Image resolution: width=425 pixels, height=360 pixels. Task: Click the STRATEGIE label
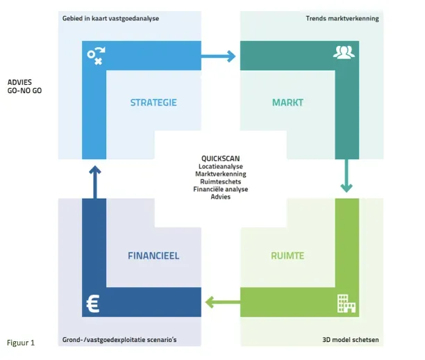point(153,103)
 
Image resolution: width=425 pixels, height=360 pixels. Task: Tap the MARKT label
point(287,103)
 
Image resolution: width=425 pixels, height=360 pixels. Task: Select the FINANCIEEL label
point(153,256)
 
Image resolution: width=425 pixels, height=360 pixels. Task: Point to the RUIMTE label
point(287,256)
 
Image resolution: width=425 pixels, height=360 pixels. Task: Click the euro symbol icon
point(93,302)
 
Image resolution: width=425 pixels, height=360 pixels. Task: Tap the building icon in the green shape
point(345,302)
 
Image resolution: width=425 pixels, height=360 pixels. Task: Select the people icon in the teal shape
point(344,52)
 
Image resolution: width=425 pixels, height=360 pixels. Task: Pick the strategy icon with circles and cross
point(95,55)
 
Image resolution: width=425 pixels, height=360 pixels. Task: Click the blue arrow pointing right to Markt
point(221,54)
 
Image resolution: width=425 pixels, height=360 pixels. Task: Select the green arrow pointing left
point(220,302)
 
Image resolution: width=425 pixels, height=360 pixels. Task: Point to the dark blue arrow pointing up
point(94,181)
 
